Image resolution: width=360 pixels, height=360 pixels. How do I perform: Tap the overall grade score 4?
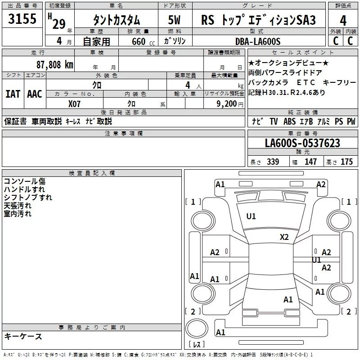pos(343,20)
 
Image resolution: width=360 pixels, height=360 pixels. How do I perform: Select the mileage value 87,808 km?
pos(54,64)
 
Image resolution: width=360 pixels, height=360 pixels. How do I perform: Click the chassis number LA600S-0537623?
pos(302,144)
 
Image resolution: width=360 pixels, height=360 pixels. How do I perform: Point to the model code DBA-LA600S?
pos(257,41)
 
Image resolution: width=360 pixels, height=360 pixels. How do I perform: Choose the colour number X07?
pos(75,103)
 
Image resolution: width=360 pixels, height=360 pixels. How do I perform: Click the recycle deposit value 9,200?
pos(226,103)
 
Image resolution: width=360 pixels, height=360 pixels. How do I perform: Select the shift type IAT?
pos(13,94)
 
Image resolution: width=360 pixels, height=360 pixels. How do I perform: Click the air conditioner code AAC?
pos(35,94)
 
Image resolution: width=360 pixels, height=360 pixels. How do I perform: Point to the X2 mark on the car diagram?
pos(284,237)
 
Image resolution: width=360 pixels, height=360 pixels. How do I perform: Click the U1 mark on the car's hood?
pos(251,216)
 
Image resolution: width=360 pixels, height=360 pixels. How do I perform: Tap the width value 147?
pos(310,162)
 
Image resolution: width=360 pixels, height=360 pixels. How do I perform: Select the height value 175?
pos(346,162)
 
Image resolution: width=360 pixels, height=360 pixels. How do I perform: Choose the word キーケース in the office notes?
pos(23,336)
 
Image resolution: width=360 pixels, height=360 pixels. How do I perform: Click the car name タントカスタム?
pos(116,20)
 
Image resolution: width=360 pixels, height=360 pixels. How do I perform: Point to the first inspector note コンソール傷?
pos(24,181)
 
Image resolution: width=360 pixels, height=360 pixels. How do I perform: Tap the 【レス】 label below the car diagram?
pos(197,344)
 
